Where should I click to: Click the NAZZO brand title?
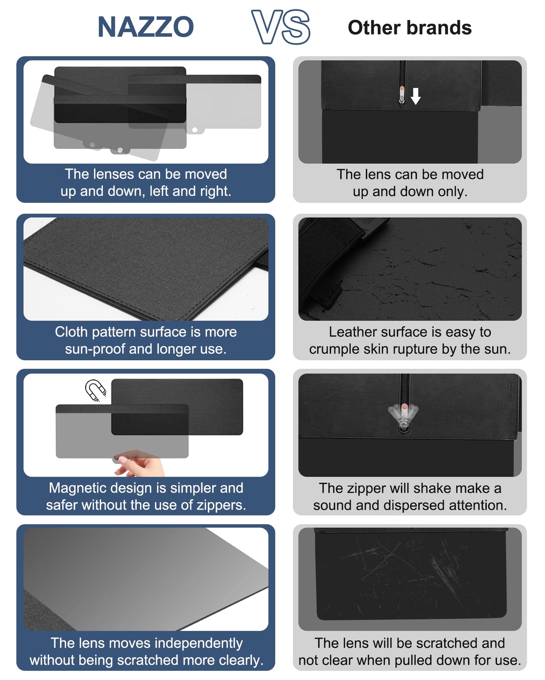point(146,27)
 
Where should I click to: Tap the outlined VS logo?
point(281,27)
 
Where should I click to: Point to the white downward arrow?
point(416,96)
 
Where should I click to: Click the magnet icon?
point(95,390)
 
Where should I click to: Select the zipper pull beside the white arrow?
point(402,96)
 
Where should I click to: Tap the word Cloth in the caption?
point(71,332)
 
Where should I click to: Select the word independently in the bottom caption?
point(202,643)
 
